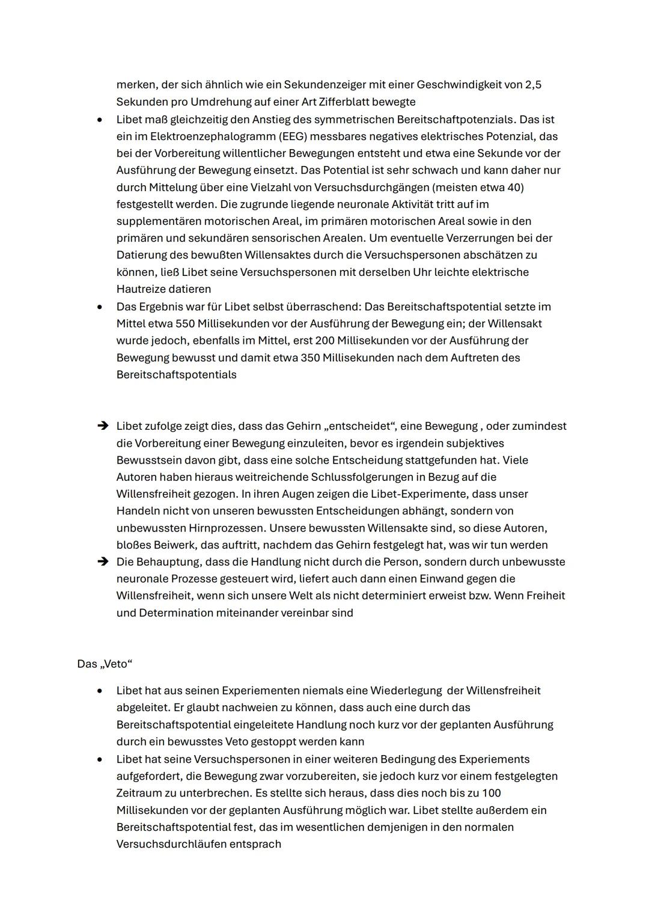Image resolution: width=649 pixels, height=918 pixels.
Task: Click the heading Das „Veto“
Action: (105, 664)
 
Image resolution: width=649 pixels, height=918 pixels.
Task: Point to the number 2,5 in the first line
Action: (533, 85)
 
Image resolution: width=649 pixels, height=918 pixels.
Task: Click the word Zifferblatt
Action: (384, 102)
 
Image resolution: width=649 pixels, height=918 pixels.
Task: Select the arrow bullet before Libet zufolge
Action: (102, 426)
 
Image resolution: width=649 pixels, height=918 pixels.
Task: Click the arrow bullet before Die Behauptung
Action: (102, 562)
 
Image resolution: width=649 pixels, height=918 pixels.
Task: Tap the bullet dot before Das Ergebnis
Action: (100, 307)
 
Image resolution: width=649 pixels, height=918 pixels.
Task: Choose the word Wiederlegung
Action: (406, 690)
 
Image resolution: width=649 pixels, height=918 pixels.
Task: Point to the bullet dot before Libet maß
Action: (100, 120)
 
